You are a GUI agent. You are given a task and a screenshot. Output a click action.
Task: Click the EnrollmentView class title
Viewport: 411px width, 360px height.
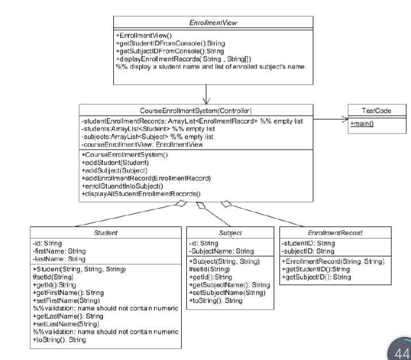pyautogui.click(x=213, y=22)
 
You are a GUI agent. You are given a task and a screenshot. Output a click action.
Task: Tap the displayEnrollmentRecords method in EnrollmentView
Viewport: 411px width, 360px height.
pyautogui.click(x=185, y=59)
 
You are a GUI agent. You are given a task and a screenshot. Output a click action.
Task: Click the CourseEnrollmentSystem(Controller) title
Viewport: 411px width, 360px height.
pyautogui.click(x=196, y=110)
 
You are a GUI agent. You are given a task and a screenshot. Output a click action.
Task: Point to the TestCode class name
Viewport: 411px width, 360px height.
pyautogui.click(x=372, y=110)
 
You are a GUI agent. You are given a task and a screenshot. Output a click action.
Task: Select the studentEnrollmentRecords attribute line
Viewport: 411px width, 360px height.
pyautogui.click(x=192, y=121)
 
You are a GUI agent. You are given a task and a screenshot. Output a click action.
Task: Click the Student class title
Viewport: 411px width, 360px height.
pyautogui.click(x=106, y=233)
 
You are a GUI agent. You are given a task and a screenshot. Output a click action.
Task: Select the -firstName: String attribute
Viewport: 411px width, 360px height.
pyautogui.click(x=59, y=251)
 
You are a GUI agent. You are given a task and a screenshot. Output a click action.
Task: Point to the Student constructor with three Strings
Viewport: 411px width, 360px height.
pyautogui.click(x=79, y=269)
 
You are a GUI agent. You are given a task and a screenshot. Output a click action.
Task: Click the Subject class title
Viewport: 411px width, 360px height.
pyautogui.click(x=230, y=233)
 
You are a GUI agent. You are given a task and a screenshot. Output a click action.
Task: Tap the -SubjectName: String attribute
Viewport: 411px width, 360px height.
pyautogui.click(x=221, y=251)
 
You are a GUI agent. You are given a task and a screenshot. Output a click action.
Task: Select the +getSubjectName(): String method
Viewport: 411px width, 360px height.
pyautogui.click(x=229, y=285)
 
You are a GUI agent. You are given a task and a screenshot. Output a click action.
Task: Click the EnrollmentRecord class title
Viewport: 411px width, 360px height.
pyautogui.click(x=335, y=233)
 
